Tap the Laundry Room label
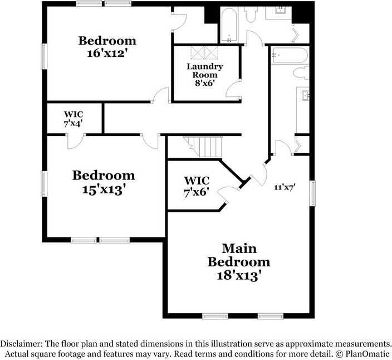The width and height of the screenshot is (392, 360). click(x=205, y=71)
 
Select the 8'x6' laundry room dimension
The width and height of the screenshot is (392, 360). click(x=205, y=83)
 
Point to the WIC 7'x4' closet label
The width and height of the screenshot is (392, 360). click(x=73, y=119)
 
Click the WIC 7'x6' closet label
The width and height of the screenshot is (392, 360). click(x=197, y=186)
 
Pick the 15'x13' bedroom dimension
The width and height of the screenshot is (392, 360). click(x=104, y=190)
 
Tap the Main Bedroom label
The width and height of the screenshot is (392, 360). click(x=239, y=255)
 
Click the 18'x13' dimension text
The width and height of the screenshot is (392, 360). click(x=240, y=276)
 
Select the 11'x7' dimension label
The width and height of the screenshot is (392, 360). click(x=285, y=187)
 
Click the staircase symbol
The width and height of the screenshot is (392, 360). click(x=203, y=147)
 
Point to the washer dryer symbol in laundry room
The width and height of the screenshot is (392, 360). click(x=204, y=52)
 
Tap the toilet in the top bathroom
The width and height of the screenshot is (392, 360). click(x=251, y=14)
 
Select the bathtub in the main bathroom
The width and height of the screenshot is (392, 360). click(x=290, y=55)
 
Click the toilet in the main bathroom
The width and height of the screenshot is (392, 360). click(x=301, y=72)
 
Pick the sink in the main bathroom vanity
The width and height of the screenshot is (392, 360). click(x=306, y=95)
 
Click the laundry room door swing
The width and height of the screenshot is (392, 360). click(x=233, y=89)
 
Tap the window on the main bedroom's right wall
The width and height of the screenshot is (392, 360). click(x=312, y=193)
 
